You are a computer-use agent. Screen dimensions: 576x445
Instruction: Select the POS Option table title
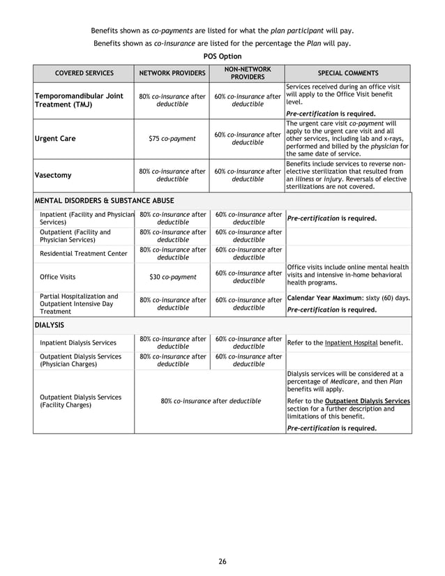pyautogui.click(x=222, y=56)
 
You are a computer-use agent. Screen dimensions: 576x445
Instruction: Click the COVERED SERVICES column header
pyautogui.click(x=83, y=73)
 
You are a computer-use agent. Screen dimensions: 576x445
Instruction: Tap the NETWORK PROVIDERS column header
pyautogui.click(x=172, y=73)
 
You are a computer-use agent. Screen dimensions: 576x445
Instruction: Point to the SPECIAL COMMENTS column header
pyautogui.click(x=348, y=73)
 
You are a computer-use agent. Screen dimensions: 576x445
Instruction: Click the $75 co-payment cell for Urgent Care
pyautogui.click(x=172, y=138)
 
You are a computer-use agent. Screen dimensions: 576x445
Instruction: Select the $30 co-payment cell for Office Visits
pyautogui.click(x=172, y=277)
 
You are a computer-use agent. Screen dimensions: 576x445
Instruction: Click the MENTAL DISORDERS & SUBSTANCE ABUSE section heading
pyautogui.click(x=105, y=201)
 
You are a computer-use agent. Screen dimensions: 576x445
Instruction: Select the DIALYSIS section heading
pyautogui.click(x=51, y=325)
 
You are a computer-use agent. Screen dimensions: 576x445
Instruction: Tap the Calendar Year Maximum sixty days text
pyautogui.click(x=348, y=298)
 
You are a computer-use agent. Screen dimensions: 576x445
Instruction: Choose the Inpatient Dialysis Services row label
pyautogui.click(x=78, y=342)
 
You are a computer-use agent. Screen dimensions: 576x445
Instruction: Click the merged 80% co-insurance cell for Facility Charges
pyautogui.click(x=210, y=401)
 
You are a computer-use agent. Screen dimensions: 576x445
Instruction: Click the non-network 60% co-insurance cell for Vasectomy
pyautogui.click(x=248, y=176)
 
